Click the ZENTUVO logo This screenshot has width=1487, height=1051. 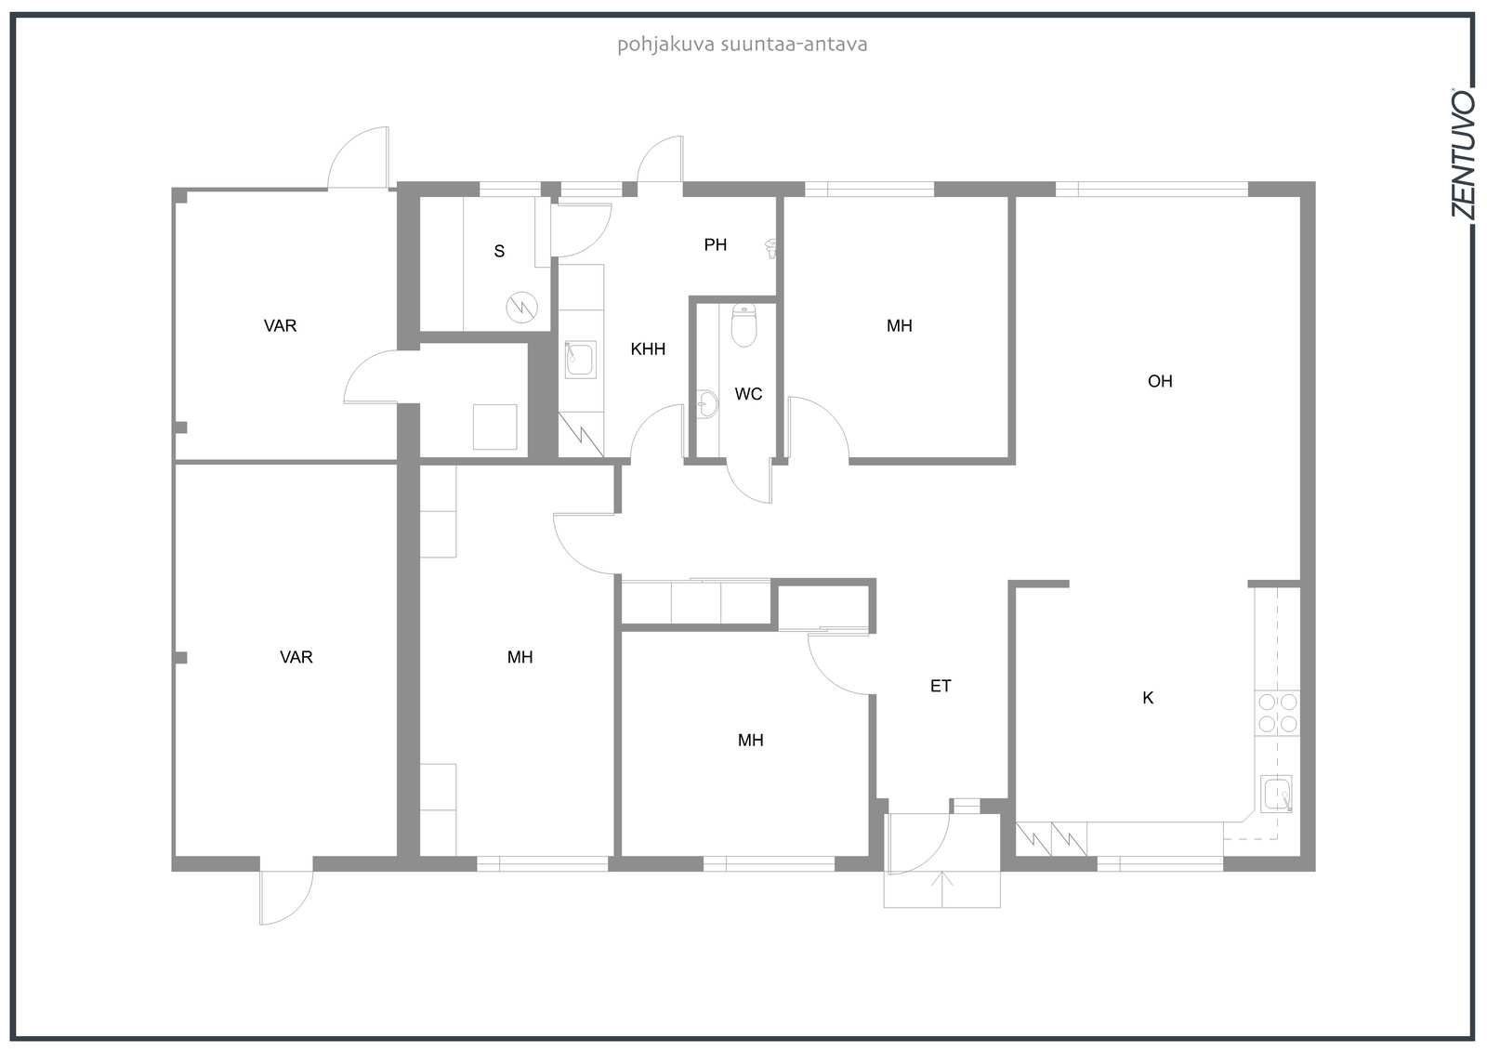[x=1463, y=154]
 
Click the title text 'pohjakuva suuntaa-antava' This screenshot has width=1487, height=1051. [x=743, y=45]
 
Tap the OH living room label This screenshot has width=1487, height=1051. [x=1160, y=381]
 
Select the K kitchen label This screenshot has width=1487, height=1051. [x=1148, y=698]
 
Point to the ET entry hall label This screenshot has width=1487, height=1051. [x=941, y=686]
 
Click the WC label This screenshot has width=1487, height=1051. [x=748, y=394]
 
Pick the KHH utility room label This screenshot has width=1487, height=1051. [x=648, y=348]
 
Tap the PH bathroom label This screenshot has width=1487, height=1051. [x=715, y=245]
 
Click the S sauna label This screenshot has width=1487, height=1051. [x=499, y=251]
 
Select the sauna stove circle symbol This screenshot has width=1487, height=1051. [x=521, y=308]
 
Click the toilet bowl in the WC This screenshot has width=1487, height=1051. [x=743, y=325]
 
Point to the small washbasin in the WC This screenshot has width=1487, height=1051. [x=707, y=403]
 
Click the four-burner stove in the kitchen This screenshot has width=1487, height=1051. [x=1277, y=713]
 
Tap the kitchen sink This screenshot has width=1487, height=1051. [x=1277, y=794]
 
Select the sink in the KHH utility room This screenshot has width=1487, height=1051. [x=580, y=360]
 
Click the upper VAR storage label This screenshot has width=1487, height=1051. [x=280, y=326]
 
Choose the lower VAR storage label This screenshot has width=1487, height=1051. [x=296, y=657]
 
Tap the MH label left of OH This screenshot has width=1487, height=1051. [x=900, y=326]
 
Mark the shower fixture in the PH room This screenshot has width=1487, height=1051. [x=771, y=248]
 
